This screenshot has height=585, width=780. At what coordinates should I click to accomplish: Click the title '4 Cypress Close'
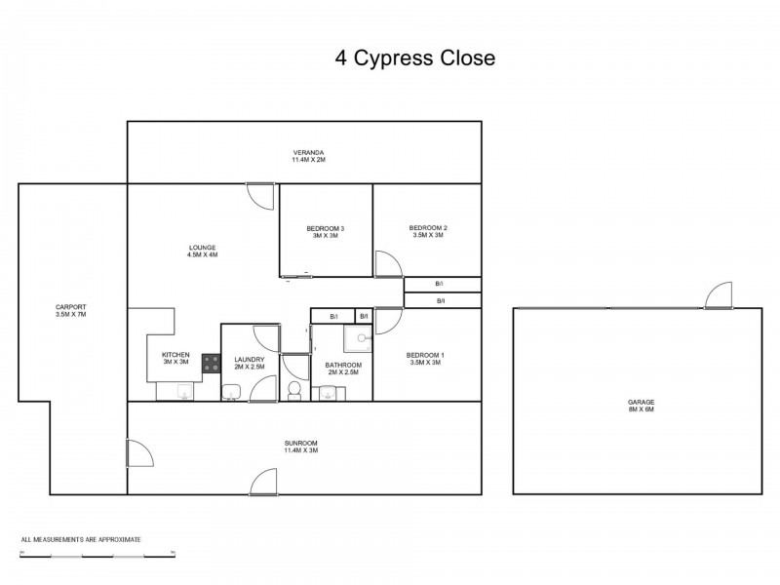pos(415,58)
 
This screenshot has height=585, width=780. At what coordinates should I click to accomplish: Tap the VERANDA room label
pos(308,157)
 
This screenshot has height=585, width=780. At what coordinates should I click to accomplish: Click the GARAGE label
pos(641,406)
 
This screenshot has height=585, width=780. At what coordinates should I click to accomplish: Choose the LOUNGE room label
pos(202,251)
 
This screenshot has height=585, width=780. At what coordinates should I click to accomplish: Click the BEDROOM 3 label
pos(326,232)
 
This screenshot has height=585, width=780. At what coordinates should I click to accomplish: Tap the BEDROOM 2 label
pos(427,231)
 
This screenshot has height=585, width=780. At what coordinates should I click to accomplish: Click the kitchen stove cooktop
pos(211,363)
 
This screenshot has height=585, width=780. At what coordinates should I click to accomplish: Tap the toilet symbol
pos(293,390)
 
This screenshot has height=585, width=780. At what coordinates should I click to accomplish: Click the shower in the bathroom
pos(360,337)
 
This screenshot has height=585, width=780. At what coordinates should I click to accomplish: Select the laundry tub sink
pos(232,392)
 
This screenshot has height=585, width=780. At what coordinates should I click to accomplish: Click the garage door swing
pos(720,294)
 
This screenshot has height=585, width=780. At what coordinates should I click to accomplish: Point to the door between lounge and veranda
pos(260,196)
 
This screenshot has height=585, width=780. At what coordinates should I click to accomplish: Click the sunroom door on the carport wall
pos(138,452)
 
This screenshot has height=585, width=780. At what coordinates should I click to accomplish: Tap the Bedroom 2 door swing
pos(388,264)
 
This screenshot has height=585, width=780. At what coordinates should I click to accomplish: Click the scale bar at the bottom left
pos(97,555)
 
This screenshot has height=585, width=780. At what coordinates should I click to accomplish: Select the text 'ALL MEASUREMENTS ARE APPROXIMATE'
pos(81,538)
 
